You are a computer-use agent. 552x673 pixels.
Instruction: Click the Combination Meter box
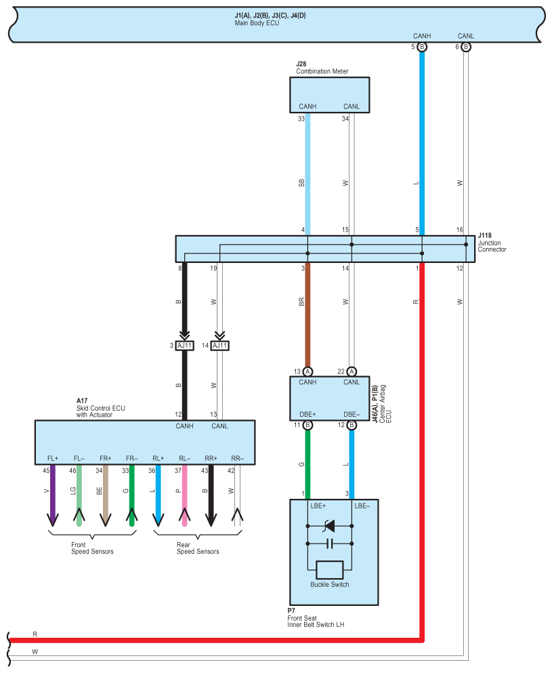pyautogui.click(x=329, y=95)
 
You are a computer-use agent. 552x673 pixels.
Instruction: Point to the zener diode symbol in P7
pyautogui.click(x=329, y=526)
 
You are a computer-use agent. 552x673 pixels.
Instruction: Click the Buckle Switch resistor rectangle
pyautogui.click(x=329, y=570)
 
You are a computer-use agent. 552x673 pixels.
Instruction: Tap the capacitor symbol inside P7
pyautogui.click(x=329, y=544)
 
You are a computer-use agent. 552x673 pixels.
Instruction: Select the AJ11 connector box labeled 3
pyautogui.click(x=184, y=346)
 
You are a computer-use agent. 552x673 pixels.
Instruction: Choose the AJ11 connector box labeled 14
pyautogui.click(x=219, y=346)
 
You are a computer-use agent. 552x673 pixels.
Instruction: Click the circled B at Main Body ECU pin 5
pyautogui.click(x=422, y=47)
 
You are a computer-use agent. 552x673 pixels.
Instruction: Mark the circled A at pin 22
pyautogui.click(x=352, y=371)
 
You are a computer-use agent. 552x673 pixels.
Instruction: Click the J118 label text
pyautogui.click(x=485, y=236)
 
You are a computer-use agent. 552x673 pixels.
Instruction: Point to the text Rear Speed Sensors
pyautogui.click(x=198, y=548)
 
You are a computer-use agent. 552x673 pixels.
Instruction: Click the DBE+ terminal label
pyautogui.click(x=307, y=415)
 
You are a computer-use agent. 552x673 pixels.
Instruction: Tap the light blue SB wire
pyautogui.click(x=307, y=174)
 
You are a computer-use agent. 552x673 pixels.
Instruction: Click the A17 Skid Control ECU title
pyautogui.click(x=101, y=408)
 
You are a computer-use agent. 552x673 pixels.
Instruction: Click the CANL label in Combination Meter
pyautogui.click(x=352, y=106)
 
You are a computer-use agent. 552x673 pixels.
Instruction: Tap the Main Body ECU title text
pyautogui.click(x=257, y=23)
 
